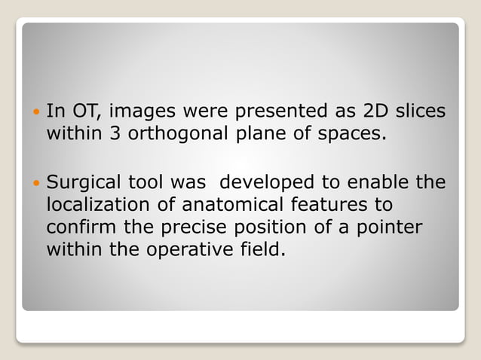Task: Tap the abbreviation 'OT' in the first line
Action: tap(87, 112)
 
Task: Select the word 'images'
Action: tap(140, 112)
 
